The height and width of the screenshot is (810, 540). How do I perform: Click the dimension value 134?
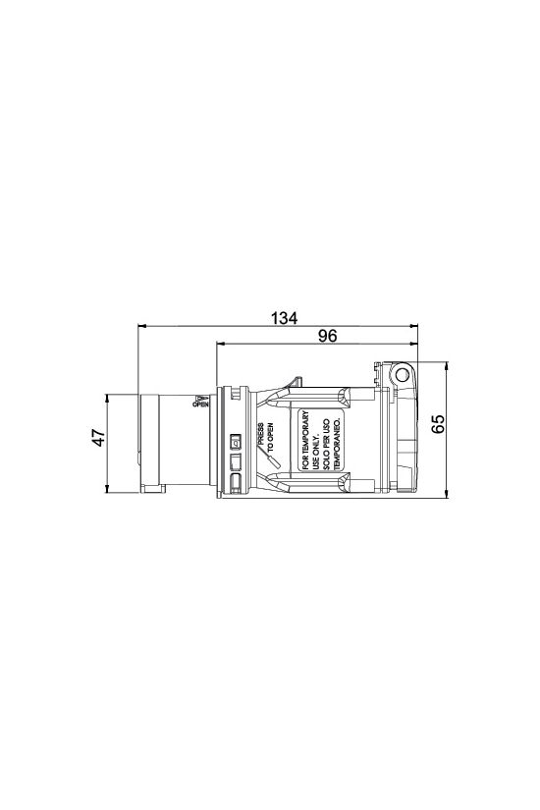click(x=284, y=318)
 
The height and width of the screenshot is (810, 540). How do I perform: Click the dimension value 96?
click(x=328, y=336)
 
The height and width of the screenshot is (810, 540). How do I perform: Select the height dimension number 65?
click(x=439, y=423)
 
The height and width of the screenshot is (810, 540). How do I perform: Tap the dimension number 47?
click(x=97, y=439)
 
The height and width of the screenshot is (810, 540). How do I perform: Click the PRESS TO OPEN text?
click(x=261, y=435)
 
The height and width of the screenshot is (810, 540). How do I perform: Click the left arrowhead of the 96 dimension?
click(x=218, y=345)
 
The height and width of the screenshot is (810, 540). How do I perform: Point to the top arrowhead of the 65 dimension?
click(x=448, y=363)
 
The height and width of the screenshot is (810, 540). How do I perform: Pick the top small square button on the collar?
click(x=235, y=441)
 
